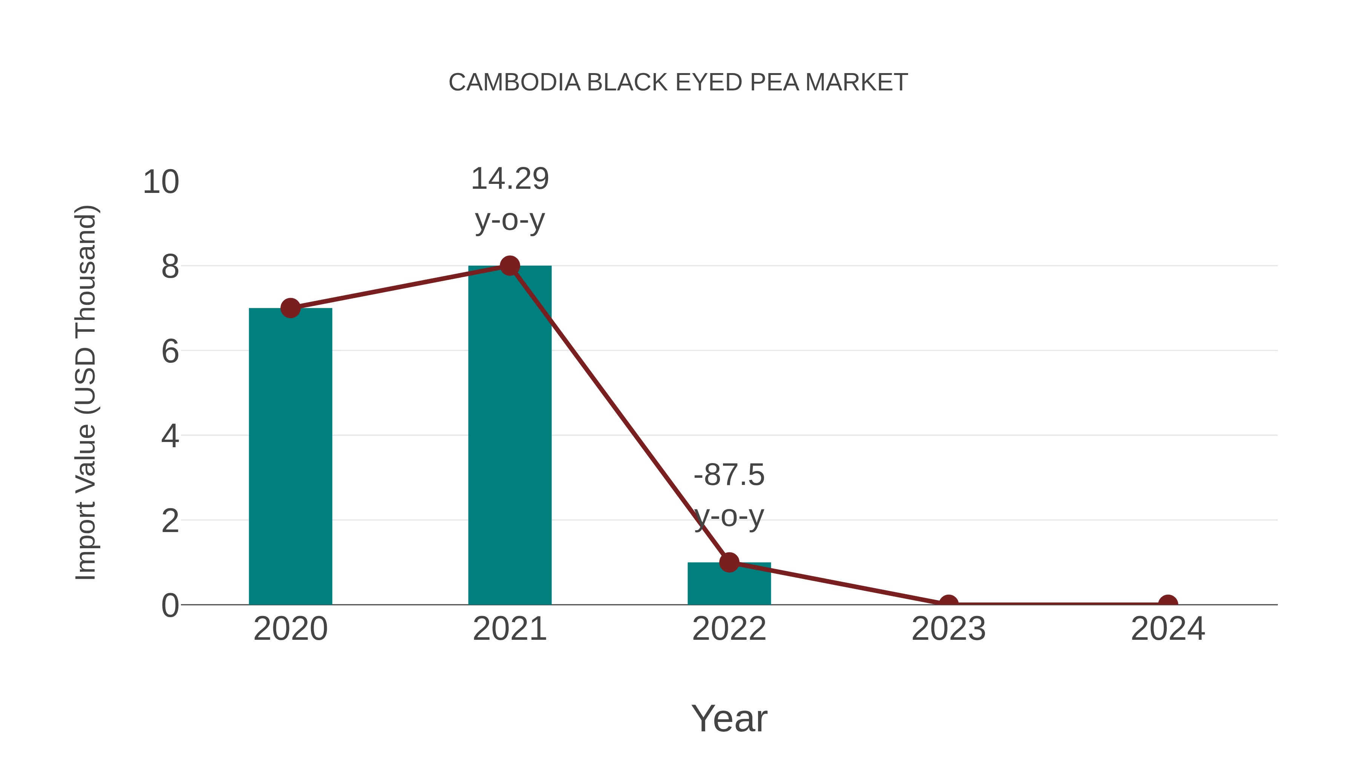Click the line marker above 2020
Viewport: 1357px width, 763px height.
(290, 308)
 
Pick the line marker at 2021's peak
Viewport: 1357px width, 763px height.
(509, 266)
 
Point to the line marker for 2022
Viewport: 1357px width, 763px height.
(729, 563)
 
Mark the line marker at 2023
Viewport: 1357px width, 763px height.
(948, 604)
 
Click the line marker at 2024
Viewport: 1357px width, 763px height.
(1168, 604)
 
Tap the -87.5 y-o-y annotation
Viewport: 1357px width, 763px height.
(729, 495)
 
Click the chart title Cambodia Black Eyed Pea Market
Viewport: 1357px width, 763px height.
(678, 83)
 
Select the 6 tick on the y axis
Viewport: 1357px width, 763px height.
(170, 351)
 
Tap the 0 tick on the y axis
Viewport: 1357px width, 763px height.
(170, 606)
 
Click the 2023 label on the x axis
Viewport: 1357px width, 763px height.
(948, 629)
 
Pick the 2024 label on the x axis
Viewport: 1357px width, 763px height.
(1168, 629)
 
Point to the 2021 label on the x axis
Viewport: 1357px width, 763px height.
(509, 629)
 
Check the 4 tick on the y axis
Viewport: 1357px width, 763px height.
(170, 436)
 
